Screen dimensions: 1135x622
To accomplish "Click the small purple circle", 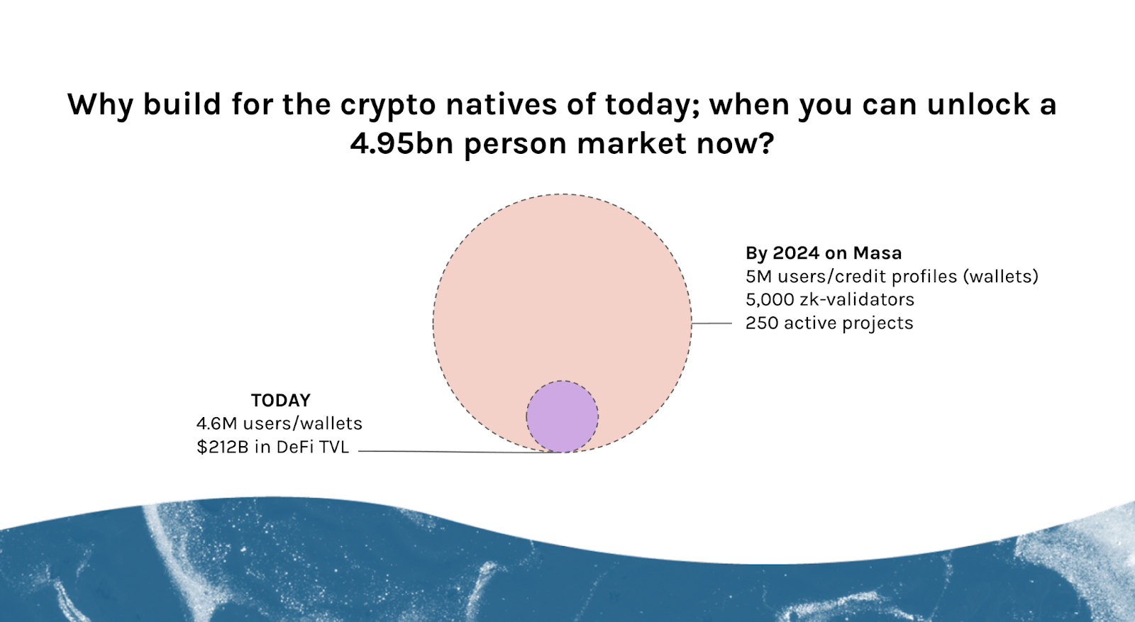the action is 562,416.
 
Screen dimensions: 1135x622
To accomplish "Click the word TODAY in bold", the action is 281,400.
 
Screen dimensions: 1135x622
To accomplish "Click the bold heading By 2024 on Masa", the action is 824,252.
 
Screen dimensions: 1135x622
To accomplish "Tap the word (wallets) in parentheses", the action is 1000,276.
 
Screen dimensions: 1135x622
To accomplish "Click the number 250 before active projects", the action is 762,323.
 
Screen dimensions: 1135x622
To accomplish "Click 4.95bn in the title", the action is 402,143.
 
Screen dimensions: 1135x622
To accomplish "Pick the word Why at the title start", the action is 100,105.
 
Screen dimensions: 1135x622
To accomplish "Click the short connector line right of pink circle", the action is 712,323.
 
